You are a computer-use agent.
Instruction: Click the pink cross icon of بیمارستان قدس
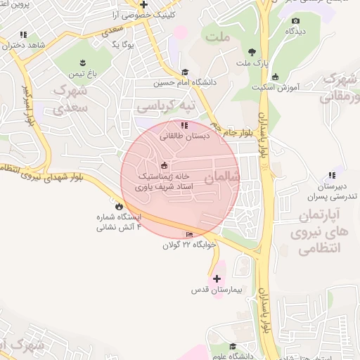[x=216, y=279]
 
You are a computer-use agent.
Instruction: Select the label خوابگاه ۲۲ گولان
[x=188, y=245]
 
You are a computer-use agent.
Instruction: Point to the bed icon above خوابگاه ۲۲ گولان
[x=188, y=235]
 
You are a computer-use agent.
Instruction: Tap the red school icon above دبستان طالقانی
[x=184, y=125]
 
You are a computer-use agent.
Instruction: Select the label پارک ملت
[x=252, y=64]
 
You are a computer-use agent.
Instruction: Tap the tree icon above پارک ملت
[x=252, y=52]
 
